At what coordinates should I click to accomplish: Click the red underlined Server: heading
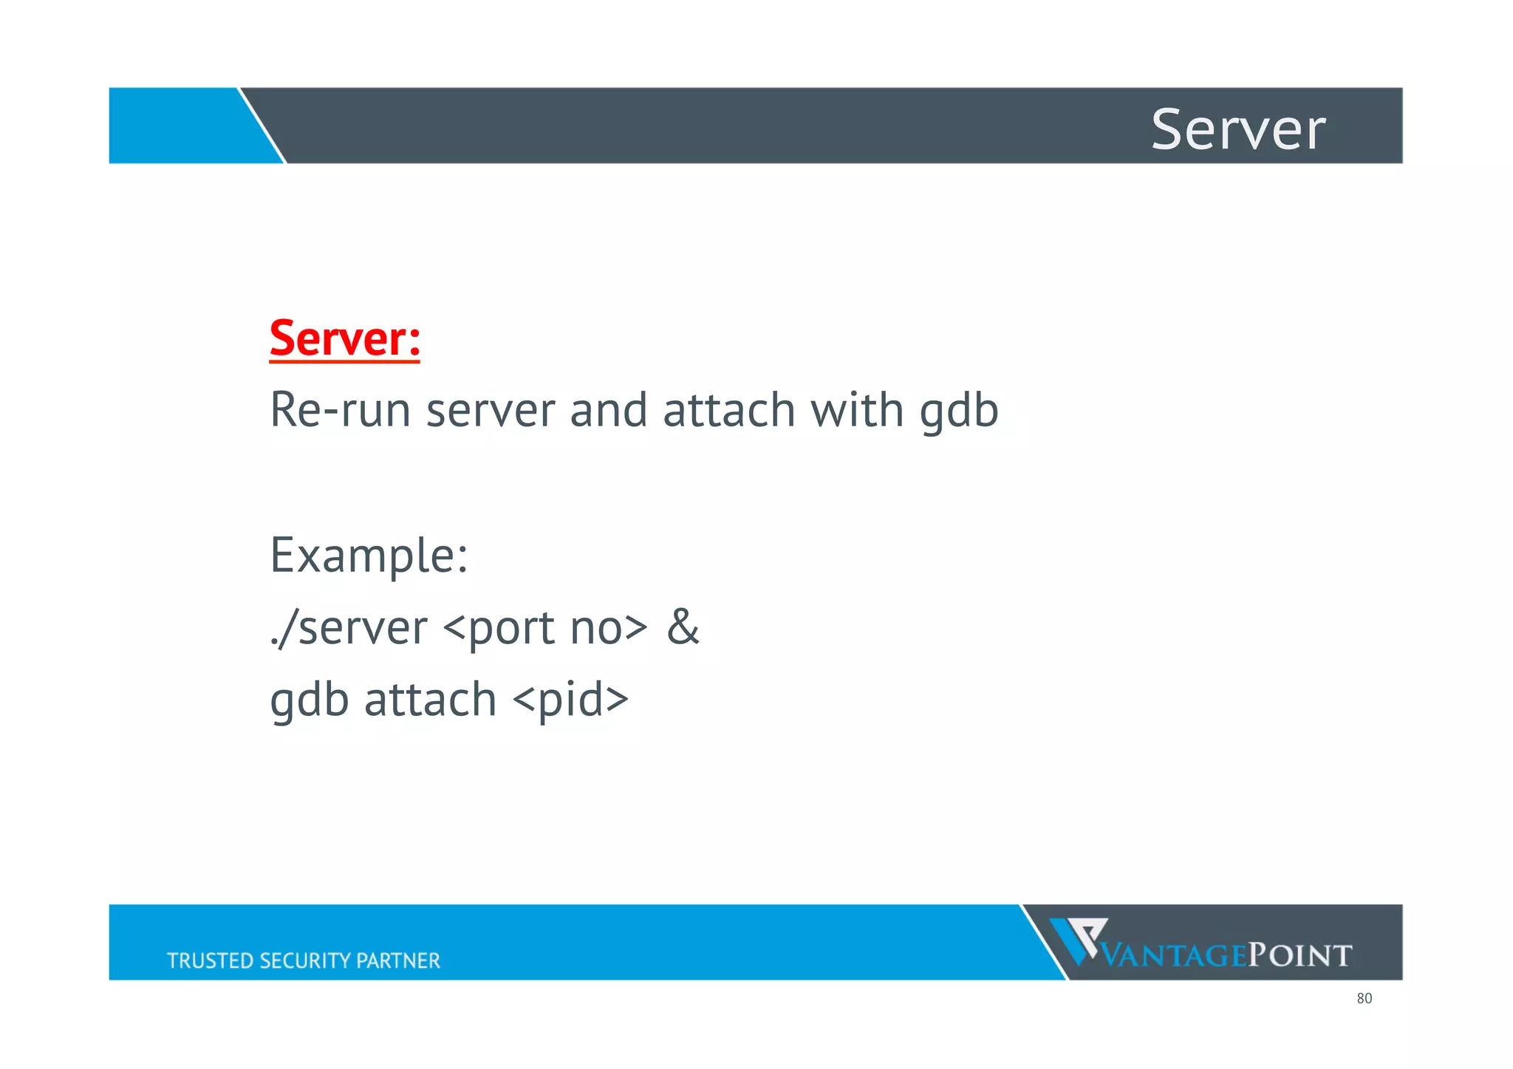click(x=344, y=338)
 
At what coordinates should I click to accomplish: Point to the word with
click(x=857, y=410)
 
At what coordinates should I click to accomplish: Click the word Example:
click(x=369, y=556)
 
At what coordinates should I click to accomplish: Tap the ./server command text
click(x=348, y=628)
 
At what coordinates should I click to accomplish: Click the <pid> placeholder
click(x=570, y=700)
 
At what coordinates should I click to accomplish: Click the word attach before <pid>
click(x=430, y=700)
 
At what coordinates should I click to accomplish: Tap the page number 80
click(x=1364, y=999)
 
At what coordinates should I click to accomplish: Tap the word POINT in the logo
click(x=1299, y=956)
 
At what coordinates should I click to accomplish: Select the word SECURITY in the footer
click(x=306, y=960)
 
